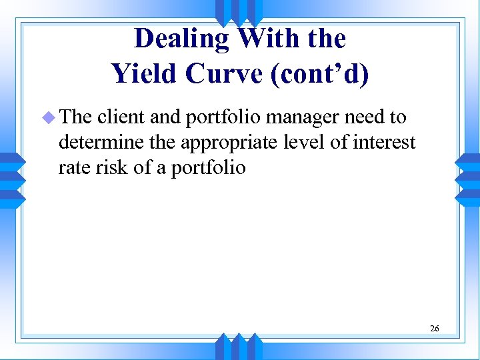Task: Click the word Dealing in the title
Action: click(x=181, y=39)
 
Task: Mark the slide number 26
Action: click(x=434, y=328)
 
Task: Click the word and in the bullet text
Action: click(x=165, y=118)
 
